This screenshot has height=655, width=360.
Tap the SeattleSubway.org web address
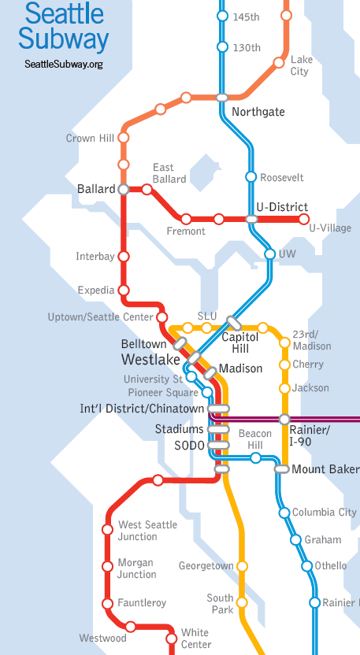click(x=64, y=64)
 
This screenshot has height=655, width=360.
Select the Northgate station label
click(x=258, y=113)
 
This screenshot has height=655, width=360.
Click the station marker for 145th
click(x=222, y=17)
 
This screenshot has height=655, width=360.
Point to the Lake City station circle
click(x=280, y=62)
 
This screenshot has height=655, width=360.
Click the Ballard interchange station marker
click(x=123, y=190)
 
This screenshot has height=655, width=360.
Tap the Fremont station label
click(x=186, y=231)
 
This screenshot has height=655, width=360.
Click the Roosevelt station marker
click(x=251, y=177)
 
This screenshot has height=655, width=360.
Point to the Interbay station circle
click(x=123, y=257)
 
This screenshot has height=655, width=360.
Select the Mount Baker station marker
click(x=281, y=469)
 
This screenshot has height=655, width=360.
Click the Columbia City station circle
click(x=284, y=513)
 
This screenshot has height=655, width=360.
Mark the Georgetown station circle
click(x=242, y=566)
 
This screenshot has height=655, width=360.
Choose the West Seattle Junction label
click(x=147, y=531)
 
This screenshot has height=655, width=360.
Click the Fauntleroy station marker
click(x=108, y=603)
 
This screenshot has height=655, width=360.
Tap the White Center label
click(x=195, y=638)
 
